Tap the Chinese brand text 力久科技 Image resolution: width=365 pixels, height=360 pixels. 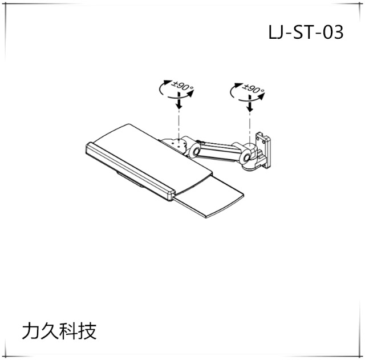59,331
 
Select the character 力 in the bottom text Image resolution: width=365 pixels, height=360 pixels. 30,331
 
